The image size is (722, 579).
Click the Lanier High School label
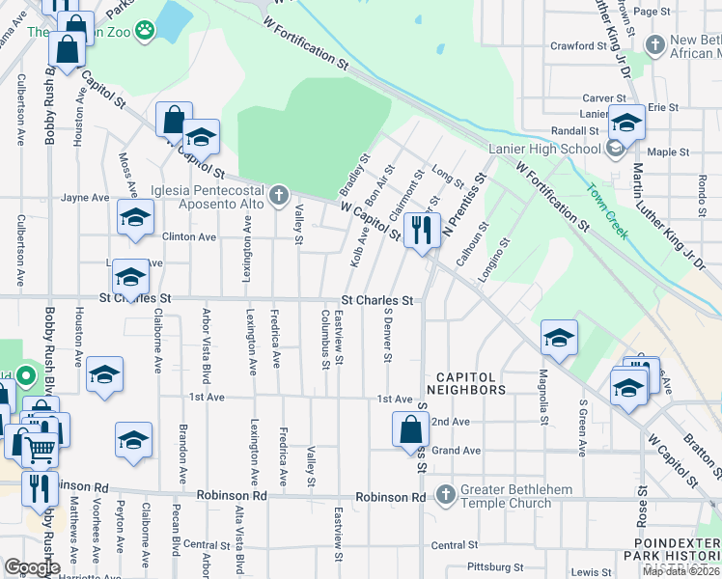point(544,149)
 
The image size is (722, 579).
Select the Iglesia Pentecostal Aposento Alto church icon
point(279,197)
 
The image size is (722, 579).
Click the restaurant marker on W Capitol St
point(421,231)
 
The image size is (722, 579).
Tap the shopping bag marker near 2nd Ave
point(410,427)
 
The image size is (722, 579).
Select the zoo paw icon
point(145,31)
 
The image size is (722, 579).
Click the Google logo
point(31,567)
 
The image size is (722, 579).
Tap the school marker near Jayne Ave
point(136,218)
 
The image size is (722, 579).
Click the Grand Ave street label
point(456,451)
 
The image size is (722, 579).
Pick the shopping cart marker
point(39,448)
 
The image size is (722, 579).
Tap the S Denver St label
point(388,334)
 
